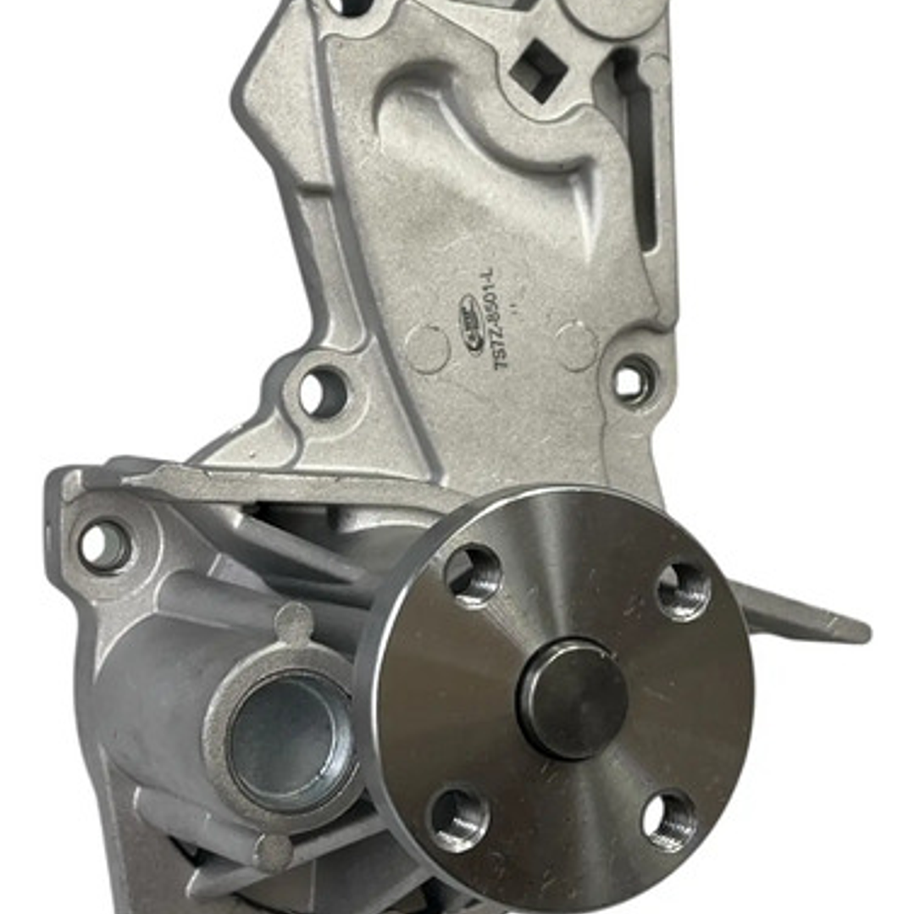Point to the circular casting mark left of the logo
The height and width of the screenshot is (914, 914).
coord(426,348)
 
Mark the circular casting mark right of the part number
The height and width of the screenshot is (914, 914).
coord(576,346)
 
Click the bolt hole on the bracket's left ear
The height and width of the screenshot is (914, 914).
coord(323,392)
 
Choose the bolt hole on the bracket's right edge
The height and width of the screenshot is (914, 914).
coord(634,380)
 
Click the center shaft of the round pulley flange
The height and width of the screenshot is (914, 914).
coord(573,698)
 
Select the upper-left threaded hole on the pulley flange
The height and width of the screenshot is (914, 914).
coord(474,575)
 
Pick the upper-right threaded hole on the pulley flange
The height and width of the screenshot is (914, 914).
coord(684,590)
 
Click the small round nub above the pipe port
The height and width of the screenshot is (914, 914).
coord(294,623)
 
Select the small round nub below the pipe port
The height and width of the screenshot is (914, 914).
coord(273,852)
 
